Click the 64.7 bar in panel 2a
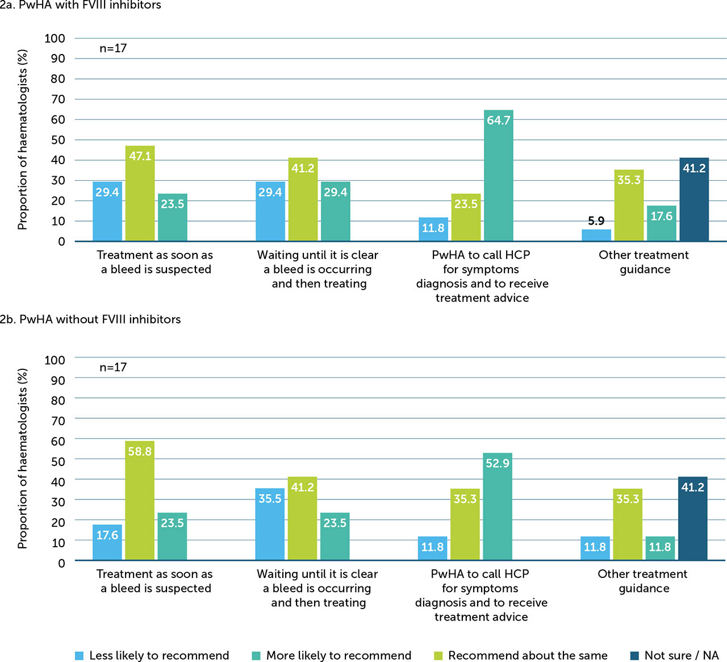point(498,176)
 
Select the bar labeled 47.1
point(140,193)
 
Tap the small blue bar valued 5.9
point(596,235)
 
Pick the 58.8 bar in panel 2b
point(140,501)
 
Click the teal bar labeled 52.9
point(498,506)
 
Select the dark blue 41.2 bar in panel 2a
point(694,199)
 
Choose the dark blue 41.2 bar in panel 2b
point(693,518)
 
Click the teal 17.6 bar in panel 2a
point(662,223)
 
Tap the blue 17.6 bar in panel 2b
point(107,542)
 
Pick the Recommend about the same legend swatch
point(438,656)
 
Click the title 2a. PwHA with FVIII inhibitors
point(81,5)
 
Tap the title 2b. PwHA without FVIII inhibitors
point(90,319)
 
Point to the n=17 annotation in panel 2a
point(113,48)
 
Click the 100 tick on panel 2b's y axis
point(55,360)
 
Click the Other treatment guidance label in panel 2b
point(642,581)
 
